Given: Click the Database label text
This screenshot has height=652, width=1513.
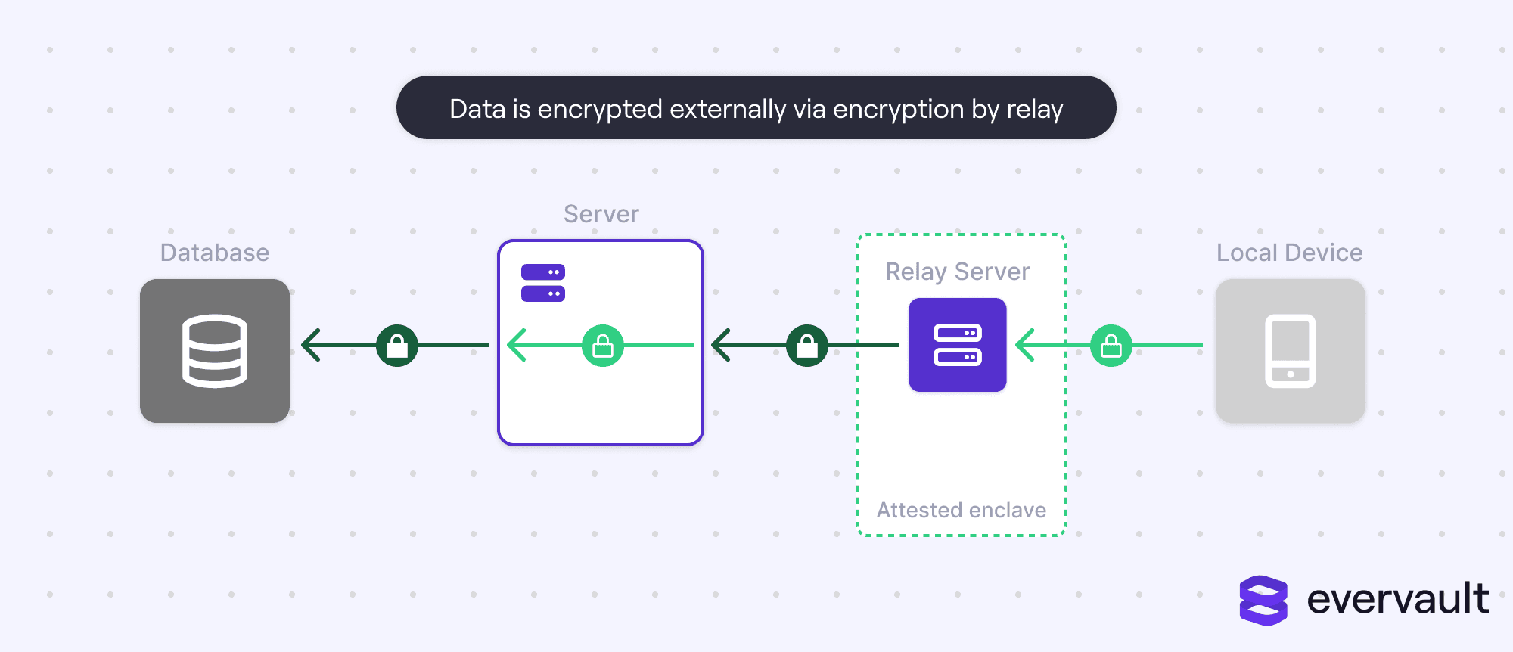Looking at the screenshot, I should pos(214,253).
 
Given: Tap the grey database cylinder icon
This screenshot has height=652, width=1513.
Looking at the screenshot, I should pos(215,350).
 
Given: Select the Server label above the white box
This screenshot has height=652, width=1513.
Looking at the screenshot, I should pos(601,214).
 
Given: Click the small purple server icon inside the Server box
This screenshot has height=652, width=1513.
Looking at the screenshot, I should pos(543,283).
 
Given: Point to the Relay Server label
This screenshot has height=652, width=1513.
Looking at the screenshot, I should pos(957,272).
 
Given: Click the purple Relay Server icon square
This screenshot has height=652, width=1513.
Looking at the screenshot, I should pos(957,345).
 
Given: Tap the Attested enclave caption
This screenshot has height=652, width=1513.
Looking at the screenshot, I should pos(961,511).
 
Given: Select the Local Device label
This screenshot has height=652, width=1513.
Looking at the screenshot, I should pos(1289,253).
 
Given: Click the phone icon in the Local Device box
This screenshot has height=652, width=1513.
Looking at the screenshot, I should pos(1290,351).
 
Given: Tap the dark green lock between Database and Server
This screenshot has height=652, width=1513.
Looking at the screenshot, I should pos(397,346).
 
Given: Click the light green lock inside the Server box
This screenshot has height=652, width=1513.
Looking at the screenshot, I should pos(603,346).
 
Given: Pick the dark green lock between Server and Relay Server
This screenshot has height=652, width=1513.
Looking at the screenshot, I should pos(807,346).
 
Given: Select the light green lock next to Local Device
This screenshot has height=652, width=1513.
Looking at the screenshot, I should pos(1111,346).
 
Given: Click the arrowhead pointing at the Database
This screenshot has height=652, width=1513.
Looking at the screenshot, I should pos(310,346).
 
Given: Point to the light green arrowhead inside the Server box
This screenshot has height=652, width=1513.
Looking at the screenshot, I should pos(516,346).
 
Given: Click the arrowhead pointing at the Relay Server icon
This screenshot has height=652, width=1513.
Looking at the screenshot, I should pos(1024,346).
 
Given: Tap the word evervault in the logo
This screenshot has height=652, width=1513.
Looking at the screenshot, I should pos(1397,599).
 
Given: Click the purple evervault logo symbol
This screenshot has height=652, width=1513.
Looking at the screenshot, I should pos(1263,601).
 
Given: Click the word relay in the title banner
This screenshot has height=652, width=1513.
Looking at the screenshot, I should pos(1034,110).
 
